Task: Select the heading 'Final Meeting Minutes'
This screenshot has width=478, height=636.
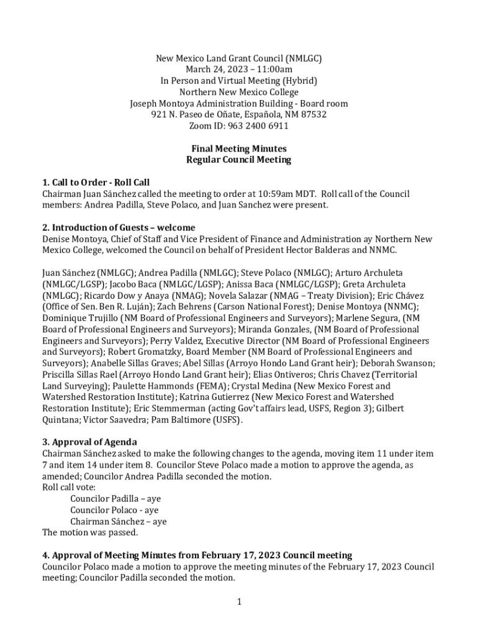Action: [x=238, y=148]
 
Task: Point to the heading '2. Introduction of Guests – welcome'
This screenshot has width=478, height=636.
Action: [x=119, y=227]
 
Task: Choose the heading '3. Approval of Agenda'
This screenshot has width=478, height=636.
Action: [x=89, y=442]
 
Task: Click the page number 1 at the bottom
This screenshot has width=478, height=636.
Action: [x=239, y=601]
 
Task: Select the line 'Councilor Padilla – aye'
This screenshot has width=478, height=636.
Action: [x=115, y=499]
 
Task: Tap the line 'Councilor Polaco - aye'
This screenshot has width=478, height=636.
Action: [x=114, y=510]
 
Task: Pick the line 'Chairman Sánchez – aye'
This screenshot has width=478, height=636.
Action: [x=118, y=522]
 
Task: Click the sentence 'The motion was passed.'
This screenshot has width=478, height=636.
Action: [x=90, y=532]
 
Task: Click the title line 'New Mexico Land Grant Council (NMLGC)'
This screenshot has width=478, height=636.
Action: [x=238, y=59]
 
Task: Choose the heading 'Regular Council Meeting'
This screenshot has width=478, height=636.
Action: [x=238, y=160]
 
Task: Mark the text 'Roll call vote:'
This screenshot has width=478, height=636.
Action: [x=68, y=488]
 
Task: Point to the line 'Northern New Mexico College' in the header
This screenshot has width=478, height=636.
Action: [x=238, y=93]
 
